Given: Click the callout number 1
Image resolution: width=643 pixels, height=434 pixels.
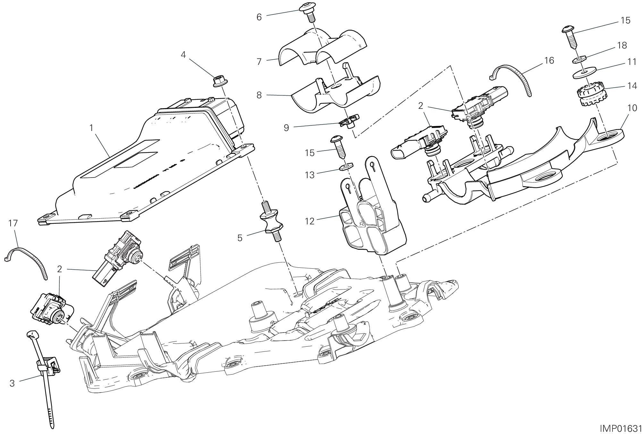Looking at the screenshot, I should coord(91,128).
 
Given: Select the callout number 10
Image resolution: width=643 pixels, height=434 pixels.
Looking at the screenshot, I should coord(632,108).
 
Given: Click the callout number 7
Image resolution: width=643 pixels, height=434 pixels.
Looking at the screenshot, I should coord(259,61).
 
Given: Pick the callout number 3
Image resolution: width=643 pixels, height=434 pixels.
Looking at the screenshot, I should coord(12,383).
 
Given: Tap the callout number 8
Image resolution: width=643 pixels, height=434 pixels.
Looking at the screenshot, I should coord(259,95).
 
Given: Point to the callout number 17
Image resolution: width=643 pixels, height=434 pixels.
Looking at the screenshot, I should coord(13,223).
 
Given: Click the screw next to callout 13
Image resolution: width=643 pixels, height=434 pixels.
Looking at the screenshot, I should coord(338,146).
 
